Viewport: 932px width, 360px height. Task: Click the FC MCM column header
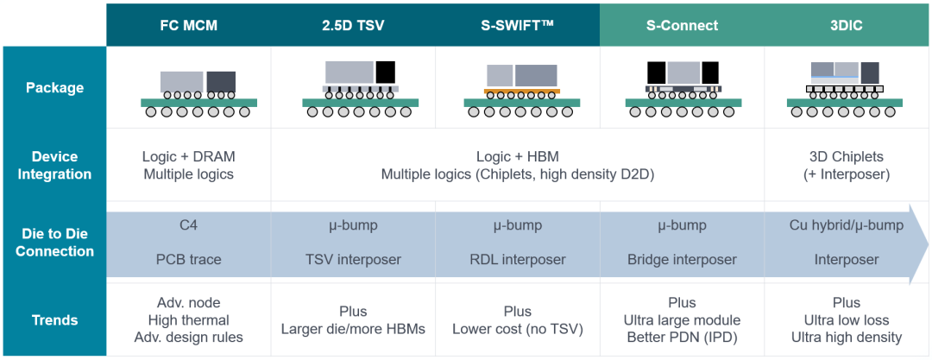tap(188, 25)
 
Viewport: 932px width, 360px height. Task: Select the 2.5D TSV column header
tap(353, 25)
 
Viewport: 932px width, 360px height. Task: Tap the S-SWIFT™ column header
tap(517, 25)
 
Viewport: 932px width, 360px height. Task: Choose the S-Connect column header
tap(682, 25)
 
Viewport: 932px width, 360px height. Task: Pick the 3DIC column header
tap(847, 25)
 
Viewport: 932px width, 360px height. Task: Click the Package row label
tap(54, 88)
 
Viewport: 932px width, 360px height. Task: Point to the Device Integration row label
tap(54, 166)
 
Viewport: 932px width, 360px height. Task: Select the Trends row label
tap(54, 320)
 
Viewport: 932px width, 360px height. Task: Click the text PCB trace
tap(188, 260)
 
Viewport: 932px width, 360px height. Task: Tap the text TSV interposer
tap(353, 260)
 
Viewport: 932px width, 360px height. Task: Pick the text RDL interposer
tap(517, 260)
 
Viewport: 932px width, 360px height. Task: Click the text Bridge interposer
tap(682, 260)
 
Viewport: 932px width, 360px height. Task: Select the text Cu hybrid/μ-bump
tap(847, 226)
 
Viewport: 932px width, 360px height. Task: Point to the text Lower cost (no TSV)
tap(517, 329)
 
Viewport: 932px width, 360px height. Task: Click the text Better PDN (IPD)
tap(682, 338)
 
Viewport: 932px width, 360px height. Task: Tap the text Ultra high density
tap(847, 338)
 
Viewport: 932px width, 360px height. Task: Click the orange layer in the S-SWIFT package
tap(522, 91)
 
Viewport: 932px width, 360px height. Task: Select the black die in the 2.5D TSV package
tap(385, 72)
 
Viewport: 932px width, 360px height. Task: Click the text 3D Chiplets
tap(847, 157)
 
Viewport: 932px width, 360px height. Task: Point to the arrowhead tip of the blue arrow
tap(929, 243)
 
